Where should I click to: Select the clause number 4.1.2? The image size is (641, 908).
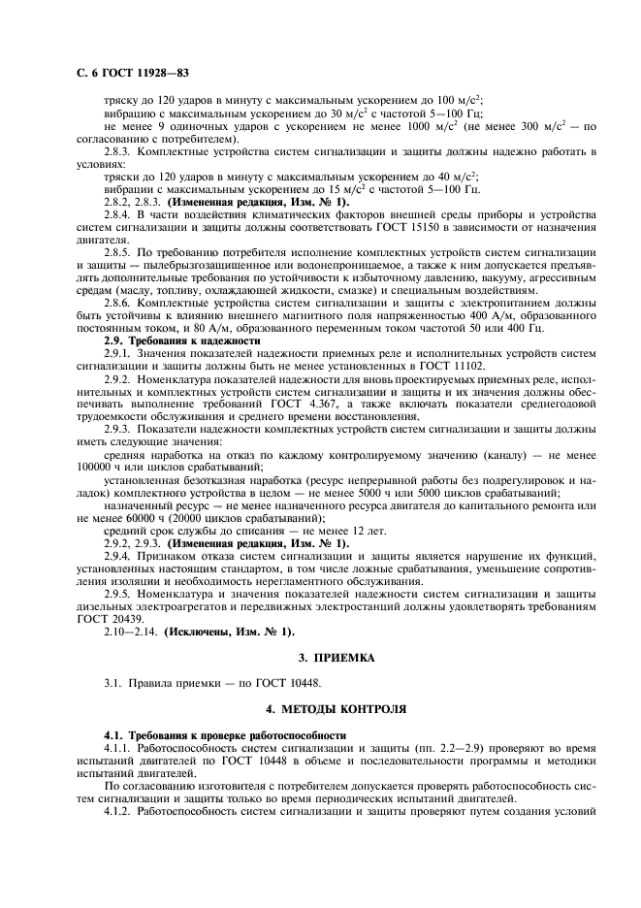click(x=119, y=810)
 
